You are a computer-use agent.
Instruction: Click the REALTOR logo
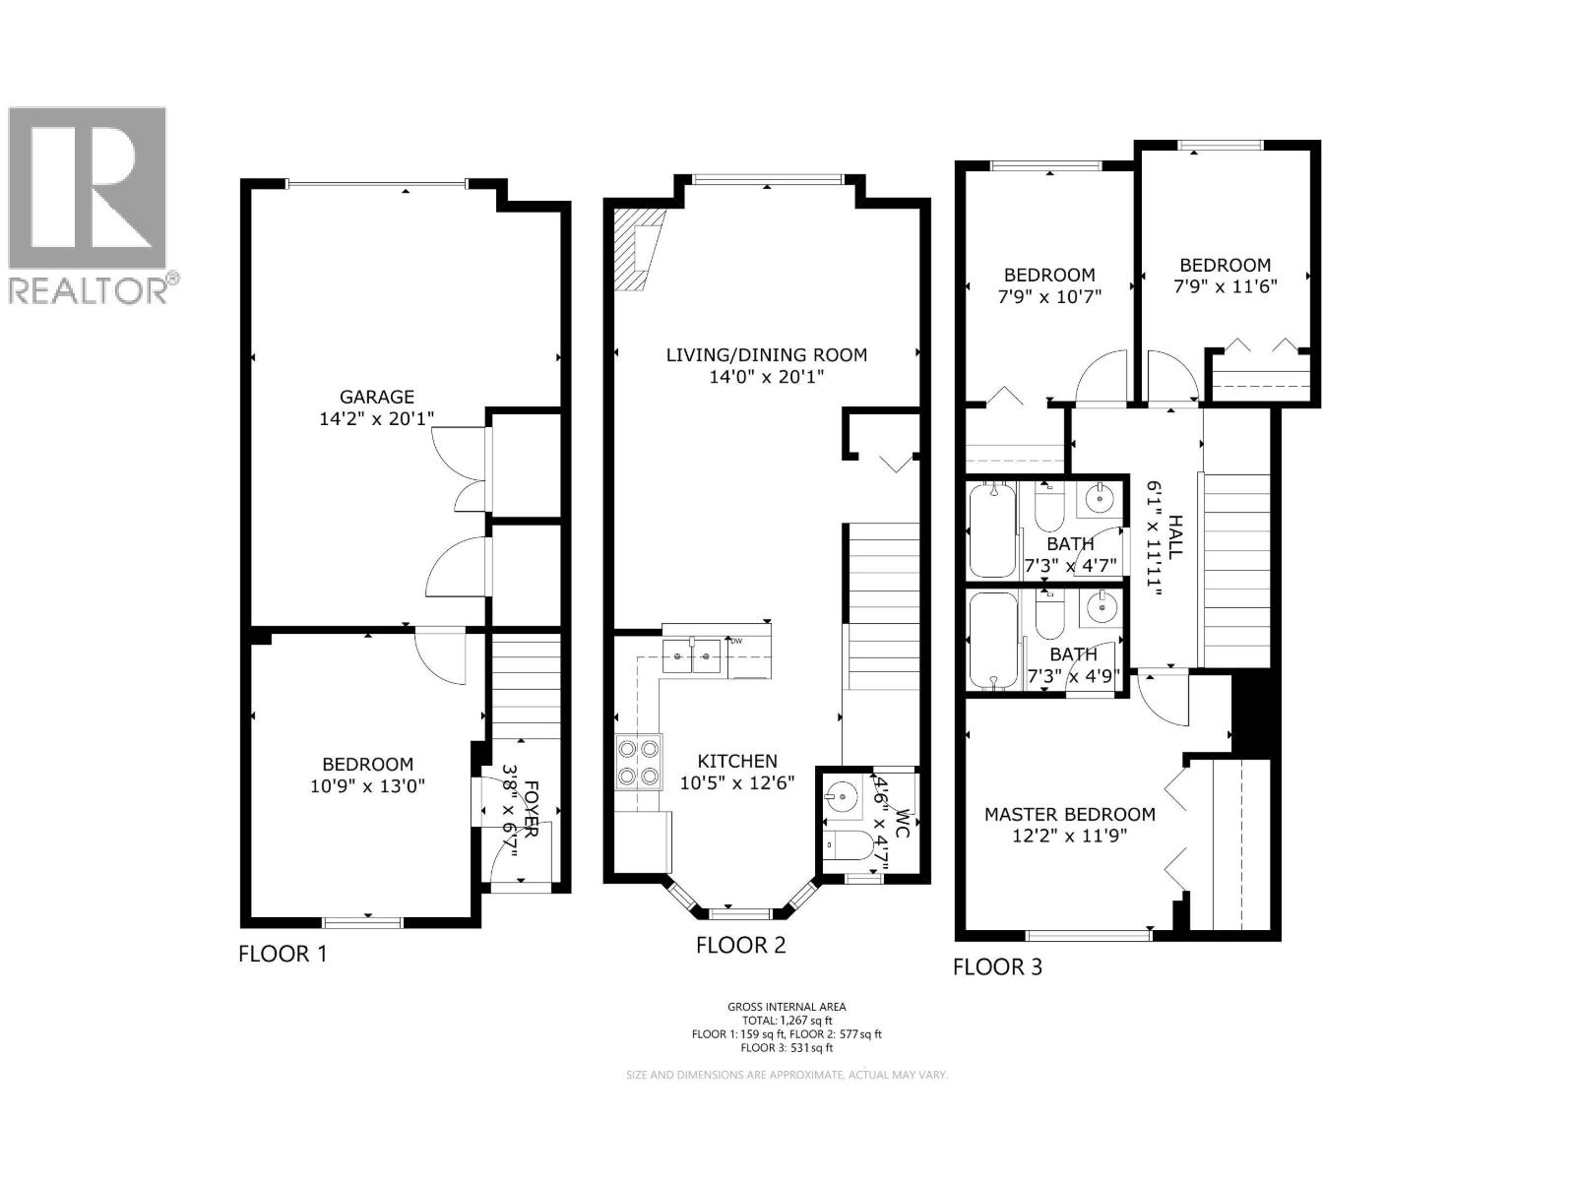click(89, 202)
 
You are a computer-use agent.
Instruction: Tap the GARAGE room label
click(376, 397)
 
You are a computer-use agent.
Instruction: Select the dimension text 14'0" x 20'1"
click(766, 377)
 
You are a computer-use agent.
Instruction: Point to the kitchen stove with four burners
click(638, 763)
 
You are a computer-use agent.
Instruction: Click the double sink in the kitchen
click(692, 654)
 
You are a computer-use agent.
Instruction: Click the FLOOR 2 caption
click(740, 946)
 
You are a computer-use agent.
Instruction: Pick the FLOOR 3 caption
click(997, 967)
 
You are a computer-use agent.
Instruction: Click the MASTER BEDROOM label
click(1069, 814)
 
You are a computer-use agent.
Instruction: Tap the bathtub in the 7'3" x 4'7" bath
click(992, 529)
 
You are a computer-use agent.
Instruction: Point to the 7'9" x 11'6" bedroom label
click(1225, 265)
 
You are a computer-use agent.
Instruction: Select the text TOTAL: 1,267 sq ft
click(787, 1021)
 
